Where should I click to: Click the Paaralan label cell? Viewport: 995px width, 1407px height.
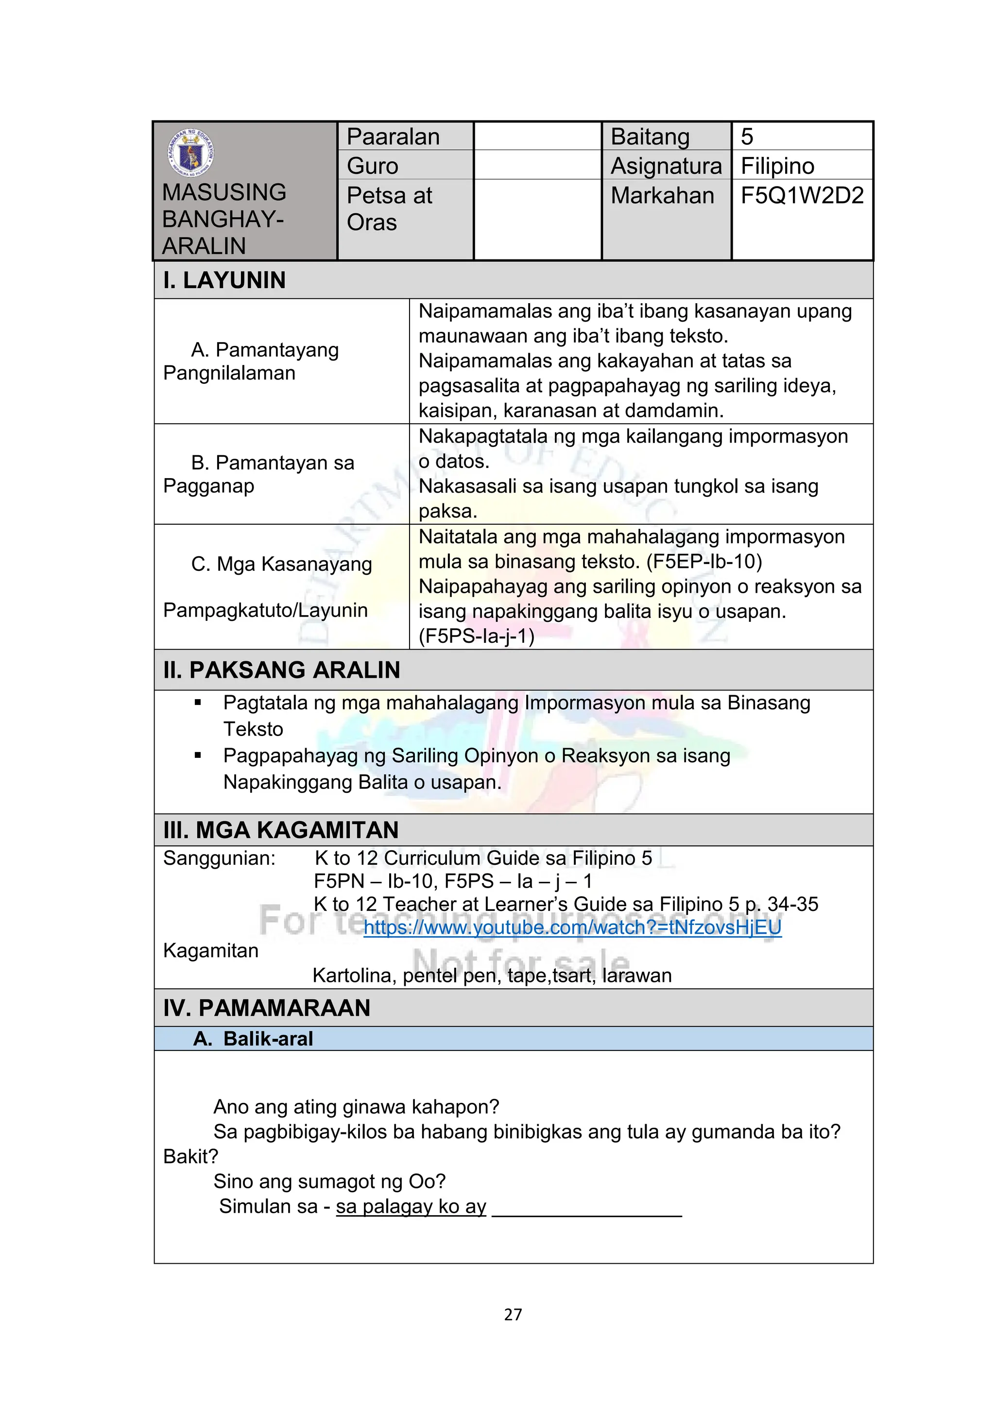pyautogui.click(x=394, y=137)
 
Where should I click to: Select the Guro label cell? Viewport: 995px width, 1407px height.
pyautogui.click(x=373, y=166)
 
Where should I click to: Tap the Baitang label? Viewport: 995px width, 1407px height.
pyautogui.click(x=650, y=137)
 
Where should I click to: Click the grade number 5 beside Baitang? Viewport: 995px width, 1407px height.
pyautogui.click(x=747, y=137)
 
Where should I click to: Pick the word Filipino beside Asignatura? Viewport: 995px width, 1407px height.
pyautogui.click(x=777, y=166)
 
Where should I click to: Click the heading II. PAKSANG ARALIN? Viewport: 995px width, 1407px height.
pyautogui.click(x=281, y=670)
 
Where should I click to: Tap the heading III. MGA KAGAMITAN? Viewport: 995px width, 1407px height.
pyautogui.click(x=281, y=830)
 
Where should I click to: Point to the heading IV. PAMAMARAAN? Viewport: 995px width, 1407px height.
pyautogui.click(x=267, y=1008)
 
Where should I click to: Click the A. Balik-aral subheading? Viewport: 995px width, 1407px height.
pyautogui.click(x=253, y=1039)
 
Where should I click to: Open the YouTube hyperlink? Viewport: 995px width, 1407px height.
pyautogui.click(x=572, y=927)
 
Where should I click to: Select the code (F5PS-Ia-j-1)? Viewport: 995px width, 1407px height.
pyautogui.click(x=477, y=636)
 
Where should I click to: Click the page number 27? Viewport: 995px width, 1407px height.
pyautogui.click(x=513, y=1315)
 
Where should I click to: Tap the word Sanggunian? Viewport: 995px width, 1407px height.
pyautogui.click(x=219, y=858)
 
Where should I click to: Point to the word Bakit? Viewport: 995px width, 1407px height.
pyautogui.click(x=190, y=1156)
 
